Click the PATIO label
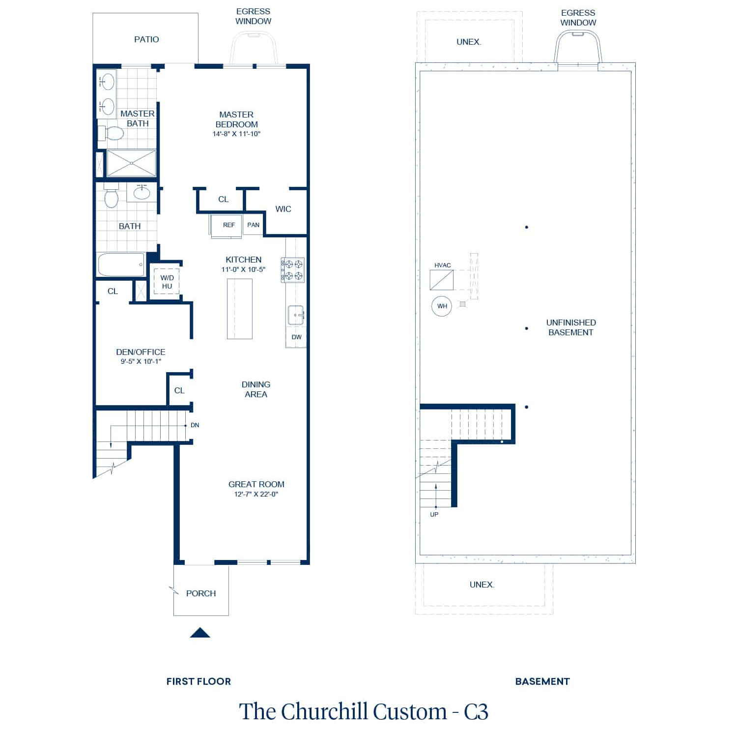(146, 39)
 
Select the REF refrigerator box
(227, 226)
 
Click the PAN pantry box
(253, 225)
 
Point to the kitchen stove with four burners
(293, 270)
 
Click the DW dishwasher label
(296, 337)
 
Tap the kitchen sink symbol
(296, 315)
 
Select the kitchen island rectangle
(240, 309)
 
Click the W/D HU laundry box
(167, 282)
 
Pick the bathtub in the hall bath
(121, 265)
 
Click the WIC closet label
(283, 209)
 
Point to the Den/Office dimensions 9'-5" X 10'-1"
(141, 361)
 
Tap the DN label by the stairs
(195, 425)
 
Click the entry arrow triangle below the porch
(200, 633)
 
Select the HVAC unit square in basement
(442, 280)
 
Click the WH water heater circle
(442, 306)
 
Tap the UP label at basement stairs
(434, 515)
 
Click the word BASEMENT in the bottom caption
(542, 681)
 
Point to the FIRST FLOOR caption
(198, 681)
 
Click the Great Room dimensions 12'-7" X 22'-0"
(256, 494)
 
